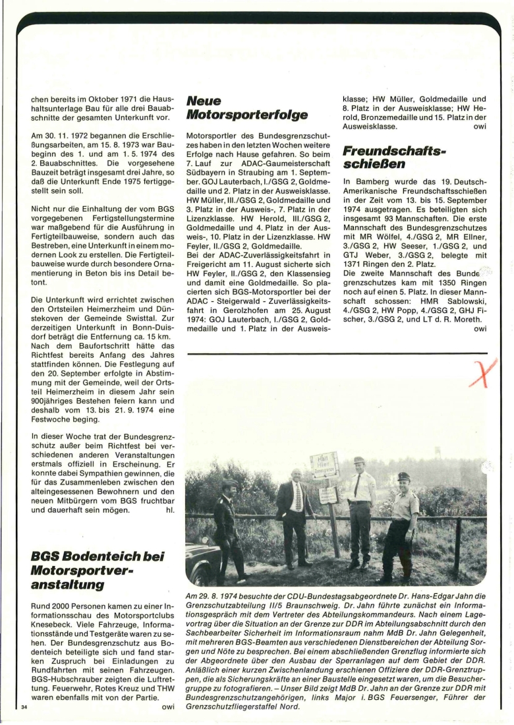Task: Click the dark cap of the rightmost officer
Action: tap(404, 477)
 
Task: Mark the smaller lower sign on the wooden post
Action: tap(328, 494)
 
